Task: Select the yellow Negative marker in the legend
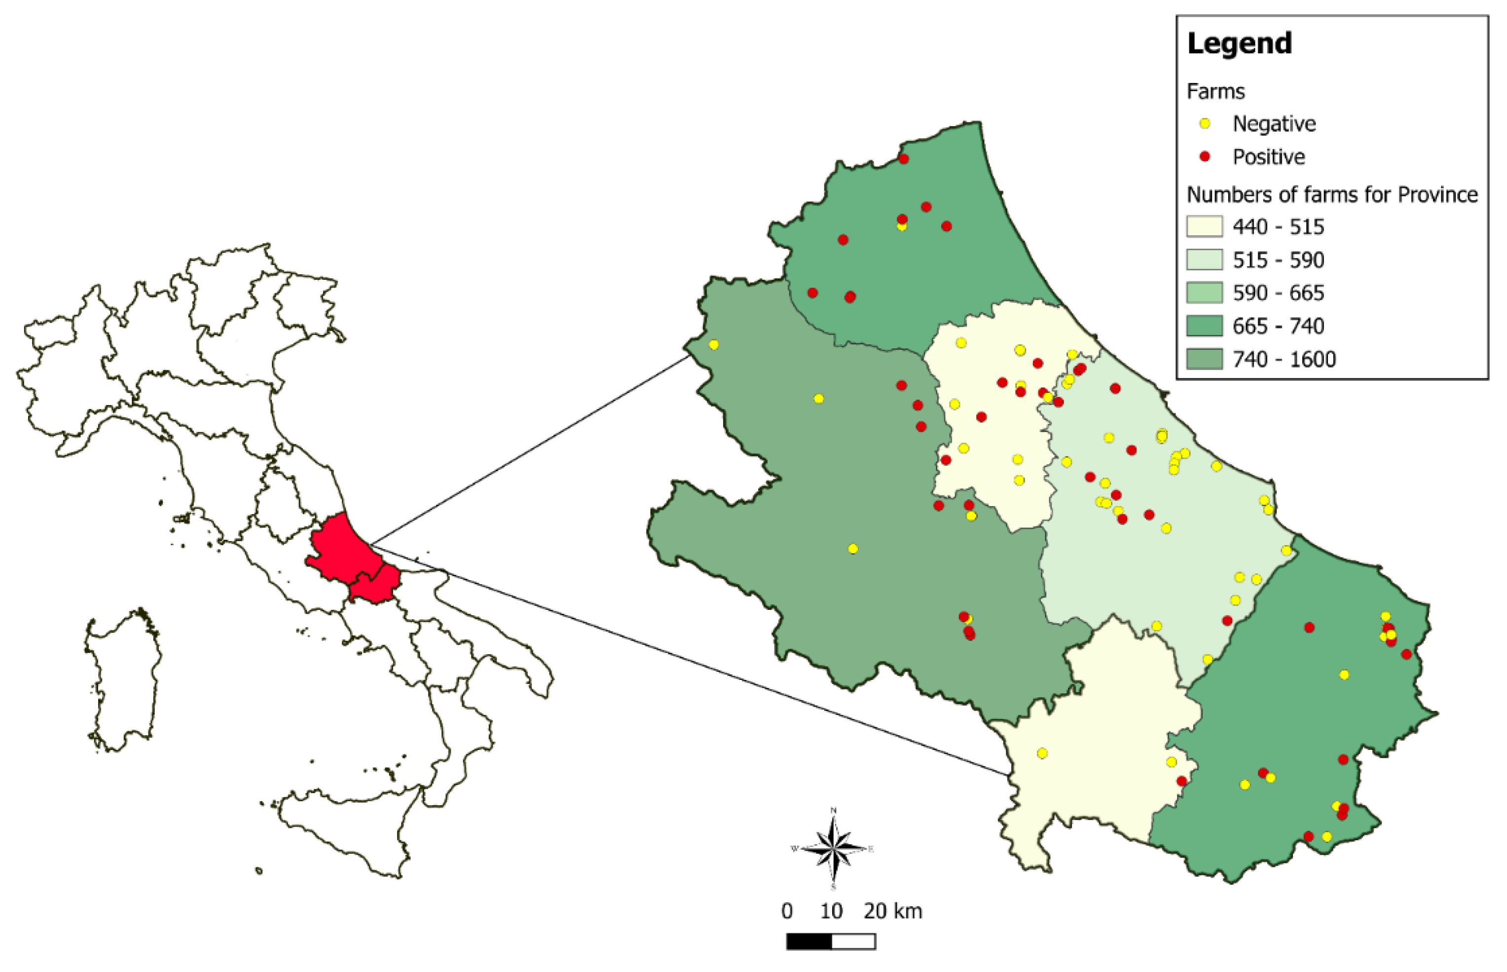coord(1205,124)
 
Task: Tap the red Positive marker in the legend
coord(1205,156)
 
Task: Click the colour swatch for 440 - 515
coord(1204,226)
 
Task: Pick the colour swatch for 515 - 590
coord(1204,260)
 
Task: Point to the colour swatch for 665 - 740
coord(1204,326)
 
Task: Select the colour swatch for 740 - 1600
coord(1204,359)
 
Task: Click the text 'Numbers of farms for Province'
coord(1331,194)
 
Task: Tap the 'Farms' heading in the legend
coord(1215,91)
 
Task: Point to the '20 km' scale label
coord(892,911)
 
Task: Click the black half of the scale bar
coord(809,942)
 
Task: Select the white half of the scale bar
coord(853,942)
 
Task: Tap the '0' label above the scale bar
coord(786,911)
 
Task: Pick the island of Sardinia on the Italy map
coord(123,678)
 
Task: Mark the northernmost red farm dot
coord(903,159)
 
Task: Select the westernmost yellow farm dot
coord(713,344)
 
